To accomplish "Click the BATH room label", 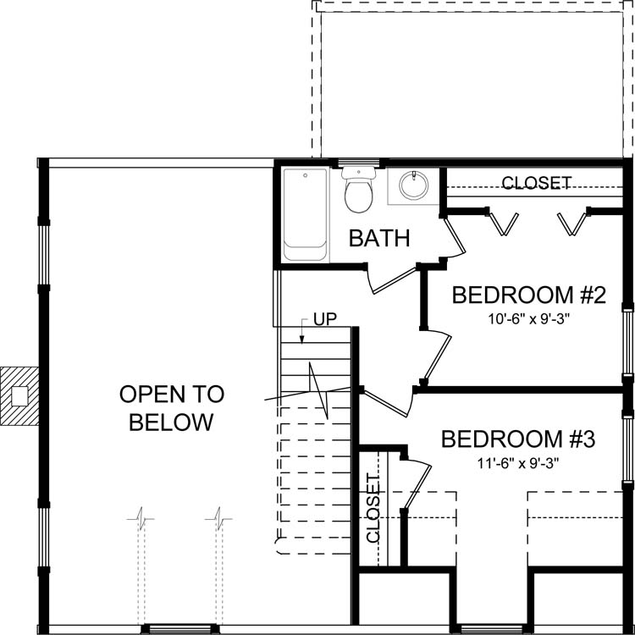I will click(x=380, y=239).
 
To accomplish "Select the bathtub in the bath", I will click(x=304, y=214).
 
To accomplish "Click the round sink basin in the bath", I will click(x=414, y=186).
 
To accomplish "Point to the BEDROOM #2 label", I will click(x=529, y=295).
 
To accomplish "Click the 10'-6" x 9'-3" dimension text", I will click(x=528, y=319).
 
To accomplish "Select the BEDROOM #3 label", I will click(x=519, y=439).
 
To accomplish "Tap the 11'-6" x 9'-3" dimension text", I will click(x=519, y=463).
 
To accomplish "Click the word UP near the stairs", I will click(x=325, y=320).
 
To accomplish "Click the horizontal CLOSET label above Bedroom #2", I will click(x=536, y=183).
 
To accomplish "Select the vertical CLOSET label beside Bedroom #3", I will click(x=373, y=508).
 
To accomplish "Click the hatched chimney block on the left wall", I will click(x=19, y=395).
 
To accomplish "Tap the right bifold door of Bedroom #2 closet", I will click(x=573, y=222).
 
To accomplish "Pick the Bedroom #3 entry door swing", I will click(x=385, y=402).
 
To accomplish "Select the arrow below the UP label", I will click(x=303, y=331).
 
